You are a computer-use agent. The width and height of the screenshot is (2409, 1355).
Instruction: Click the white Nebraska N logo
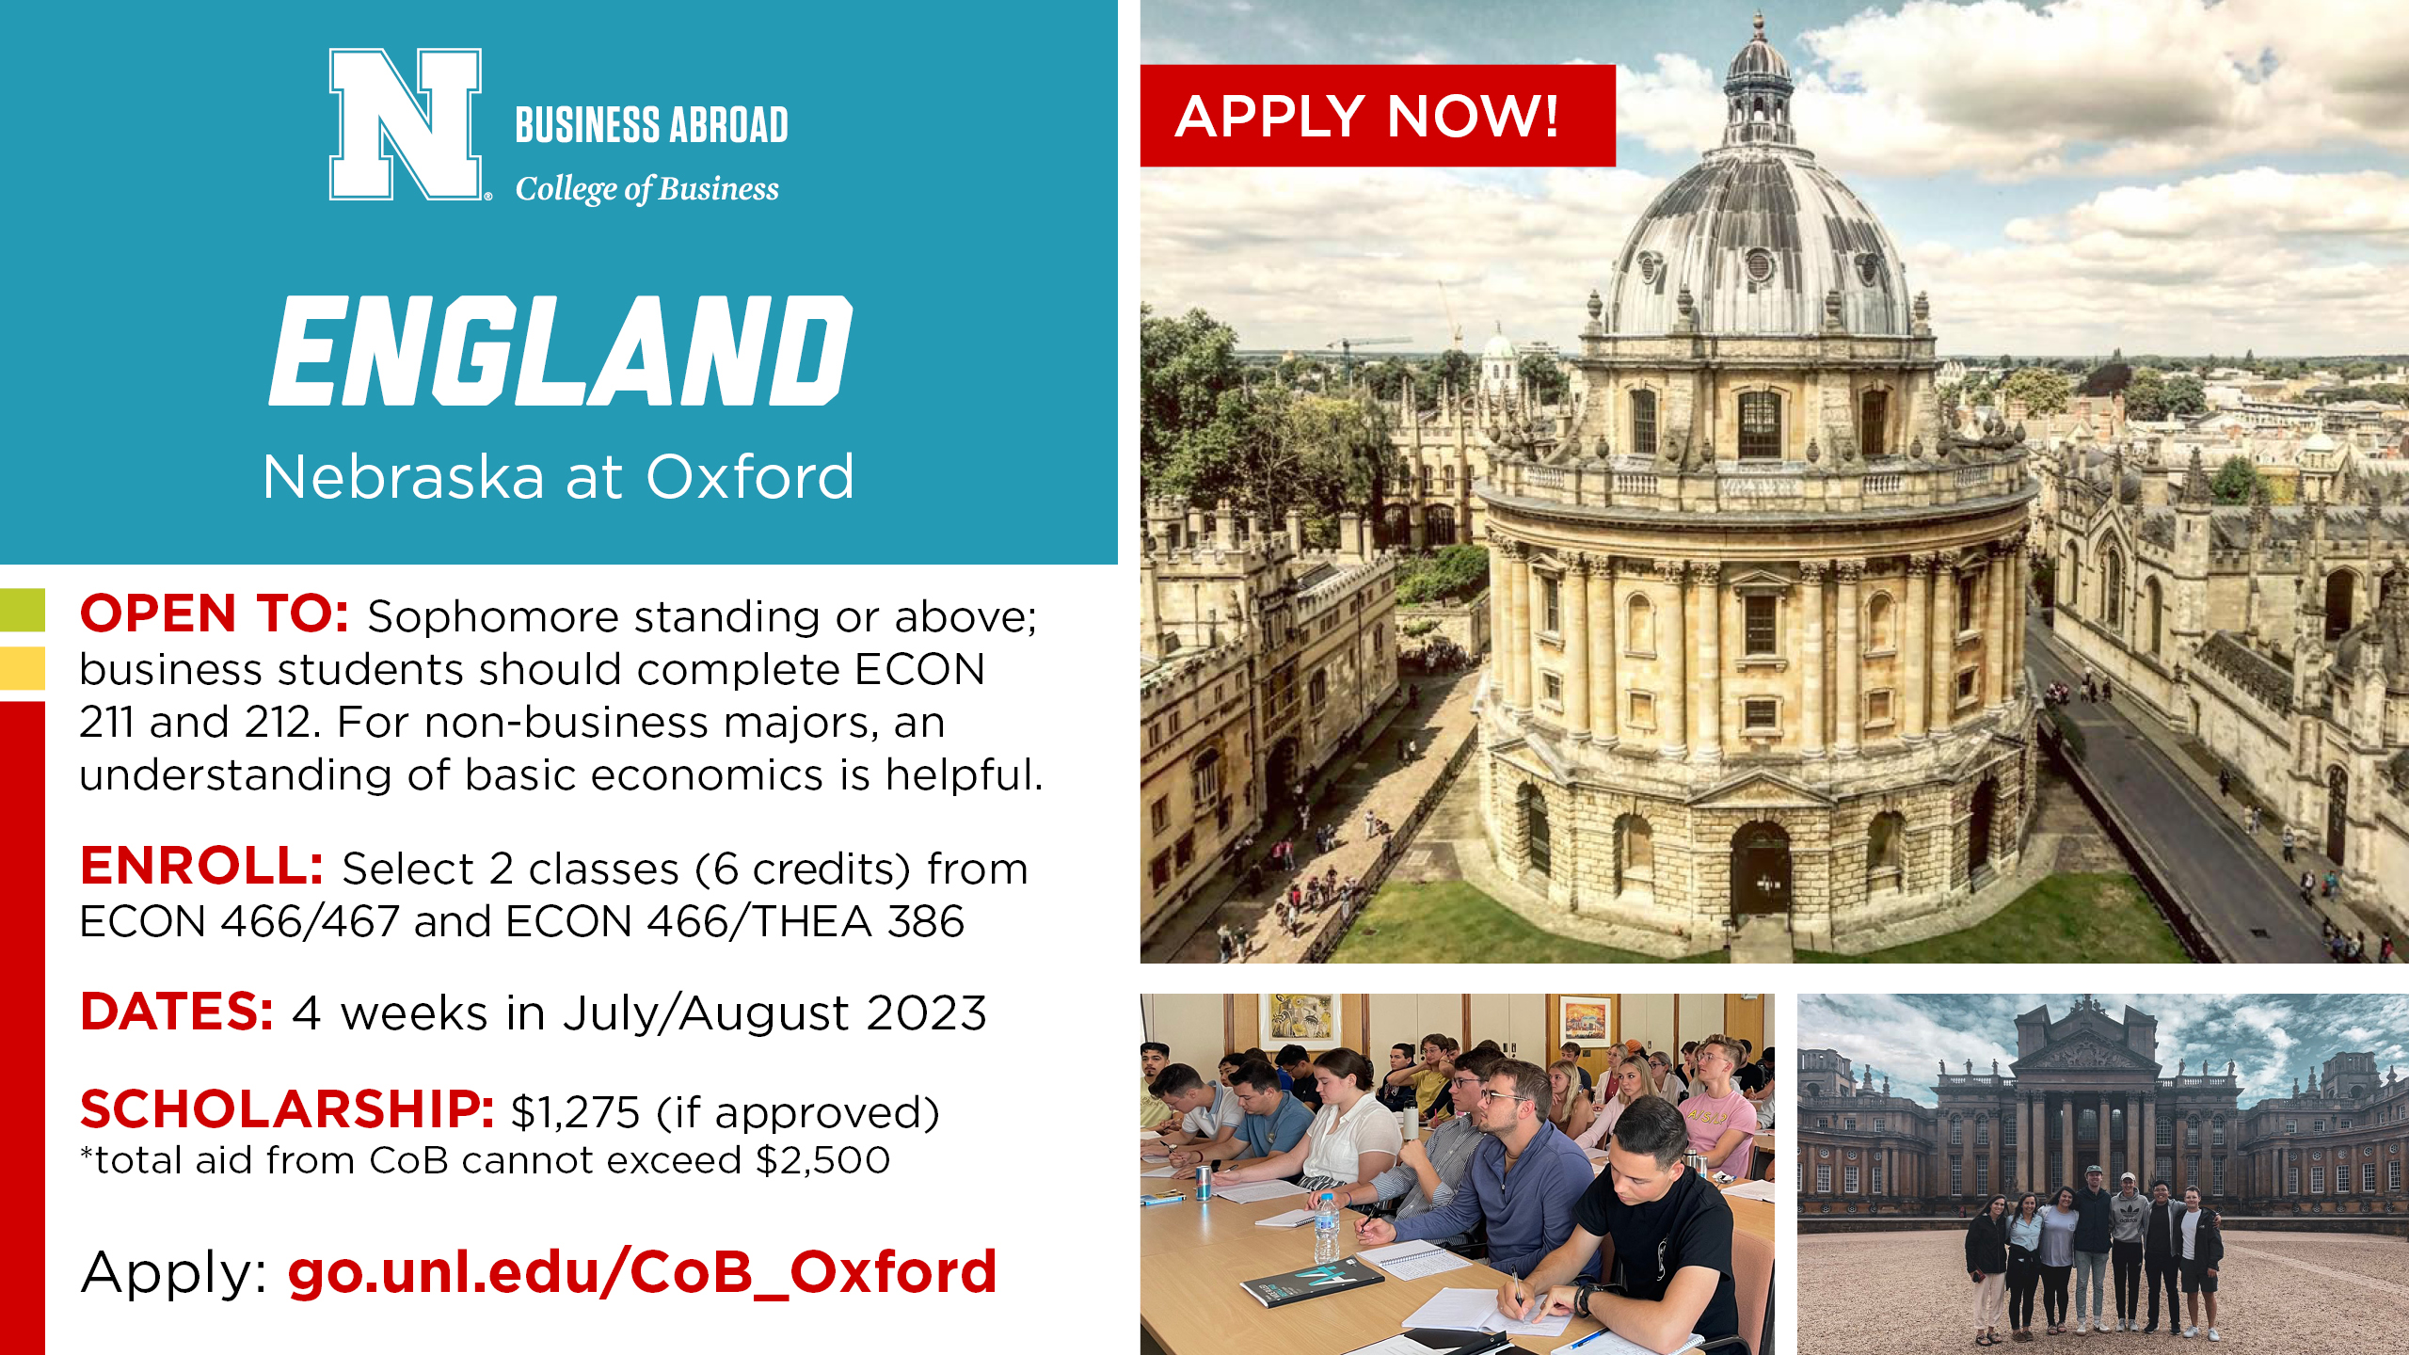pyautogui.click(x=406, y=124)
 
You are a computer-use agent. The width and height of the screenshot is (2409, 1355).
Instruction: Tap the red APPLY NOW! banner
pyautogui.click(x=1378, y=116)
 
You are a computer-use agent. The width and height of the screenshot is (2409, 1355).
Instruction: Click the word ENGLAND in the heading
pyautogui.click(x=561, y=350)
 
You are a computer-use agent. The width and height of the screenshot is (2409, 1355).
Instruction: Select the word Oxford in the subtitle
pyautogui.click(x=750, y=476)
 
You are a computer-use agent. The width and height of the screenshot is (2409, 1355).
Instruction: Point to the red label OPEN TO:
pyautogui.click(x=215, y=614)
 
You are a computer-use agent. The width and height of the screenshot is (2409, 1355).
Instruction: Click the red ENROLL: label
pyautogui.click(x=202, y=866)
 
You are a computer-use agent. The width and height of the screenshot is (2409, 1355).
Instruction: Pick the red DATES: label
pyautogui.click(x=177, y=1012)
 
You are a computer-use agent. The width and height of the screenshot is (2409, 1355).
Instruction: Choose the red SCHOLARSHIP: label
pyautogui.click(x=288, y=1109)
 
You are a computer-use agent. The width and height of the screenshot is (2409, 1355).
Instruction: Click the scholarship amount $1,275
pyautogui.click(x=575, y=1112)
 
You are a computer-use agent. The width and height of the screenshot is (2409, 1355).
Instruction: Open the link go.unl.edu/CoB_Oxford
pyautogui.click(x=642, y=1272)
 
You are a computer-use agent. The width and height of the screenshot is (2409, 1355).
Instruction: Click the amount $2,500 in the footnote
pyautogui.click(x=822, y=1160)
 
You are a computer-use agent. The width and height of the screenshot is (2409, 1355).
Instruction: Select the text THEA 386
pyautogui.click(x=857, y=921)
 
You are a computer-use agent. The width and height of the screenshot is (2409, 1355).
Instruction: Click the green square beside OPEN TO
pyautogui.click(x=23, y=610)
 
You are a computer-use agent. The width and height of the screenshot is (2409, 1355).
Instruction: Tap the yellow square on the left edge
pyautogui.click(x=23, y=668)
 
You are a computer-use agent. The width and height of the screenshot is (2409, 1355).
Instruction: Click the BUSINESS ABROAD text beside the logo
pyautogui.click(x=651, y=125)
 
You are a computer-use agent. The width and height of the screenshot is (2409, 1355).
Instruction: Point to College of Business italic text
pyautogui.click(x=647, y=189)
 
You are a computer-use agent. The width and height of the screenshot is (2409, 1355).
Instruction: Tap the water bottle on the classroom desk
pyautogui.click(x=1326, y=1227)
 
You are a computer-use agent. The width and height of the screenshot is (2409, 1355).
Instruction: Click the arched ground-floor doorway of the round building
pyautogui.click(x=1760, y=870)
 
